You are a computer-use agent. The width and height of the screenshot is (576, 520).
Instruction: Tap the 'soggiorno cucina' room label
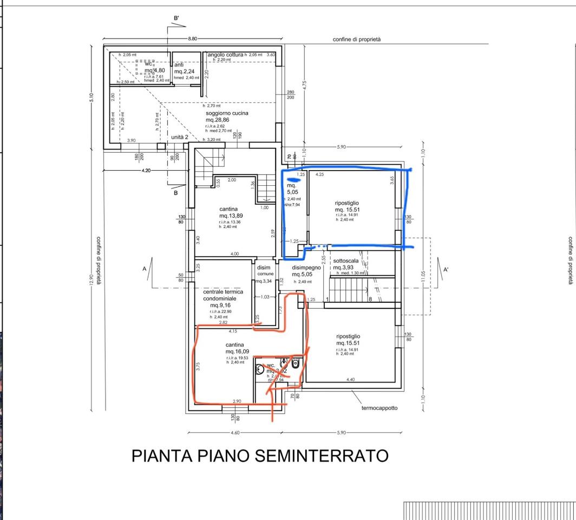coord(226,113)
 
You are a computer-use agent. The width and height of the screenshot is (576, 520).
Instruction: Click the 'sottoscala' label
coord(345,261)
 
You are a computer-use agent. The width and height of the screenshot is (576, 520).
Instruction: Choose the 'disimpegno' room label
coord(306,267)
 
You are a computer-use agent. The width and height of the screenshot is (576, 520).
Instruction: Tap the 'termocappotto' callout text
coord(379,408)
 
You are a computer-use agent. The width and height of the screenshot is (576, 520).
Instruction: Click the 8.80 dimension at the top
coord(193,39)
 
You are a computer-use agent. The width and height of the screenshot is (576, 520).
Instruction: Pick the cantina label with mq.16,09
coord(234,344)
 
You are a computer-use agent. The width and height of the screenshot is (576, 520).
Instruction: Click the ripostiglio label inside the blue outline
coord(346,203)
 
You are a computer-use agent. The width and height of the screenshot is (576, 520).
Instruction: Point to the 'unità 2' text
coord(180,138)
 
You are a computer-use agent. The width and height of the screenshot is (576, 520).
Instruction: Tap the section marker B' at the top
coord(176,18)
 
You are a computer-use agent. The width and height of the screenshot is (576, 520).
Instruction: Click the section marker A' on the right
coord(446,269)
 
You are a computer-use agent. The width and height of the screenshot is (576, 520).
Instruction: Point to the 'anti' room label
coord(179,65)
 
